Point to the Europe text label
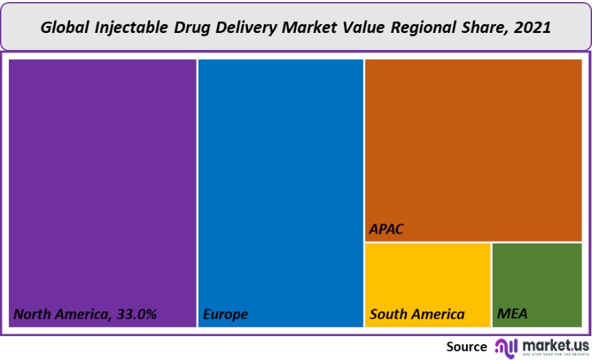coord(225,315)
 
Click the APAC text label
coord(386,229)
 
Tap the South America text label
coord(417,315)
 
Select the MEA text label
coord(513,315)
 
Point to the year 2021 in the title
coord(532,28)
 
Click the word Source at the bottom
coord(467,346)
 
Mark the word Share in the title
coord(486,28)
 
